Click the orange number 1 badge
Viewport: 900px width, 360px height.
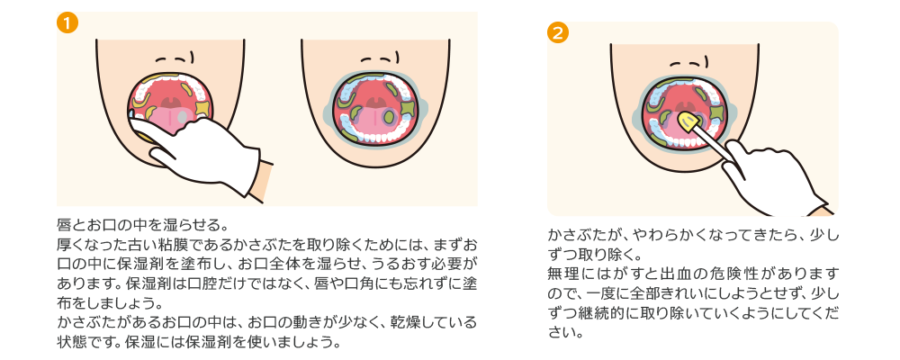click(67, 23)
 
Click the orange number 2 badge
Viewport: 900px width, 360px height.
click(558, 32)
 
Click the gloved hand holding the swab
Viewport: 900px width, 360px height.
click(772, 178)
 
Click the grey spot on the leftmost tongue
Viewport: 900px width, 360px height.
click(182, 117)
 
